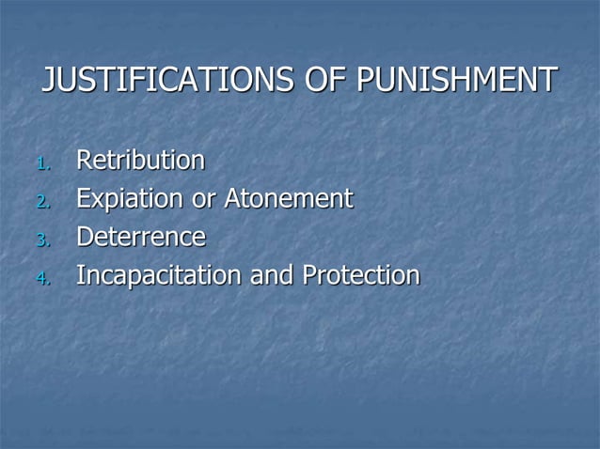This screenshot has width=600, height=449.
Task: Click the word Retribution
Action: click(140, 161)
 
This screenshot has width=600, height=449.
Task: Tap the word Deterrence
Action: click(140, 238)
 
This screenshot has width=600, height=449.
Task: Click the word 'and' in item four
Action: click(271, 276)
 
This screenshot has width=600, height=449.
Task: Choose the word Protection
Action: click(361, 276)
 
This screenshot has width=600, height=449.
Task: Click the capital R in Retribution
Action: click(84, 161)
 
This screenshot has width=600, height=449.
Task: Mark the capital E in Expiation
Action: click(83, 199)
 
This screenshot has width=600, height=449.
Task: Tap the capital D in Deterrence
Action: click(84, 238)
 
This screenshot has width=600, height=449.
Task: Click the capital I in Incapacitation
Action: click(79, 276)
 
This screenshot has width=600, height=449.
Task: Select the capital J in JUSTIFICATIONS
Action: click(49, 81)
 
